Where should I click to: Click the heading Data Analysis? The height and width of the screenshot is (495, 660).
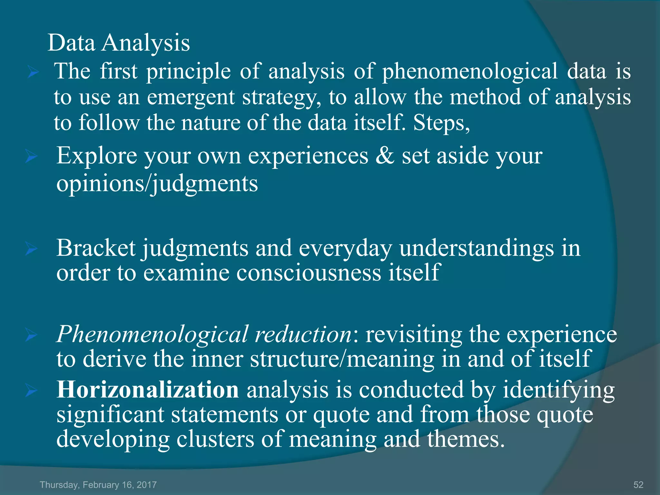pyautogui.click(x=119, y=43)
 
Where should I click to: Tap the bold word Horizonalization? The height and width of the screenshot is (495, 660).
pyautogui.click(x=148, y=390)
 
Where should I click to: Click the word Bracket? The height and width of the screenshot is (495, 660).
pyautogui.click(x=96, y=248)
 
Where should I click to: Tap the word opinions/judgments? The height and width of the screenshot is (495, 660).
pyautogui.click(x=157, y=184)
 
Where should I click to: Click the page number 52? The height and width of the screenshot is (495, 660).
pyautogui.click(x=638, y=485)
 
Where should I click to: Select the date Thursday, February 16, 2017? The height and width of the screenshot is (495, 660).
pyautogui.click(x=98, y=485)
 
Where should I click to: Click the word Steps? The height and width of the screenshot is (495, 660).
pyautogui.click(x=441, y=123)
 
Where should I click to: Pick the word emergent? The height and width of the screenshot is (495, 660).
pyautogui.click(x=191, y=97)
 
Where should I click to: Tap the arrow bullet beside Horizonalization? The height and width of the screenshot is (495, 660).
pyautogui.click(x=32, y=391)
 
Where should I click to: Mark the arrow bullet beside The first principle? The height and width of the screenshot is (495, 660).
pyautogui.click(x=33, y=73)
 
